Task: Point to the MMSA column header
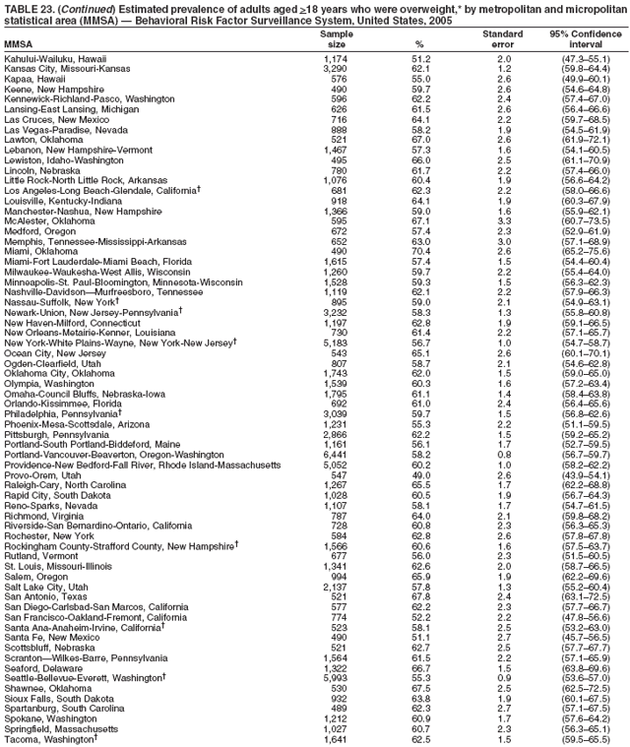pos(18,45)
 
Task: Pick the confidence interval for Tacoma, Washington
pos(585,740)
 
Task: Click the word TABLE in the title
pos(20,8)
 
